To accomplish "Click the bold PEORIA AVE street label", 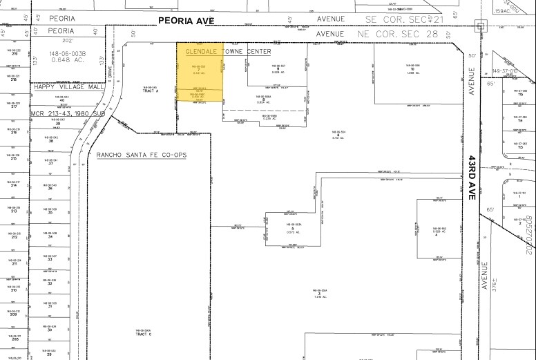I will coord(186,21).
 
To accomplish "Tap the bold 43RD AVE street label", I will coord(472,177).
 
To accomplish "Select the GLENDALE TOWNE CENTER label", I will coord(228,52).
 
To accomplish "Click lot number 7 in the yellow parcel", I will coord(198,69).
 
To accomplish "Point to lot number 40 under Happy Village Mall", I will coord(61,101).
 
